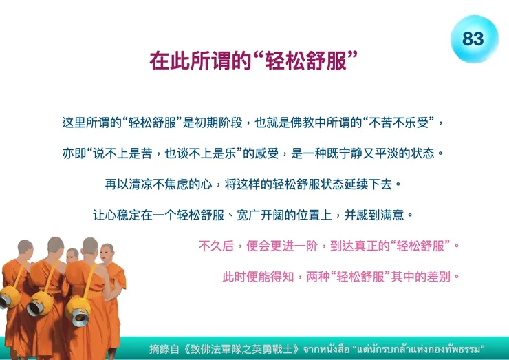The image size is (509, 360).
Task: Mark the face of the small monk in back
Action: [72, 255]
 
